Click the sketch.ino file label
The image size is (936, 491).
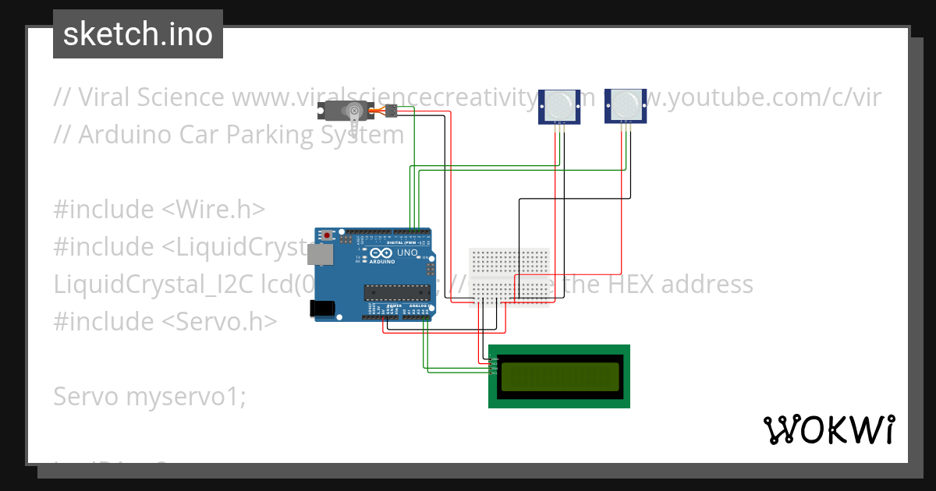point(138,34)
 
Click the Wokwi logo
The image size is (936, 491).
point(828,429)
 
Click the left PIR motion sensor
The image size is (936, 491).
point(558,105)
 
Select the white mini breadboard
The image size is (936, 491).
point(509,277)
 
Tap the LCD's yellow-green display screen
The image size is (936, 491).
point(559,376)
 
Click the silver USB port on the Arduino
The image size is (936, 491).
point(317,254)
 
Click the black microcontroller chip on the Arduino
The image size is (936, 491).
point(397,292)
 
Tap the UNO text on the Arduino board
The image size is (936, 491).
point(408,253)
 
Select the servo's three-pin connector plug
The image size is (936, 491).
point(389,111)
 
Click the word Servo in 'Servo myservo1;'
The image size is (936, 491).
point(86,397)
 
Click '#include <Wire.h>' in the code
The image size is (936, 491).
point(159,209)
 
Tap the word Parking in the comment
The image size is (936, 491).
point(268,134)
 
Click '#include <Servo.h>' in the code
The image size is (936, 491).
point(165,321)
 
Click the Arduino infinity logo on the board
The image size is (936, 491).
point(381,254)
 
